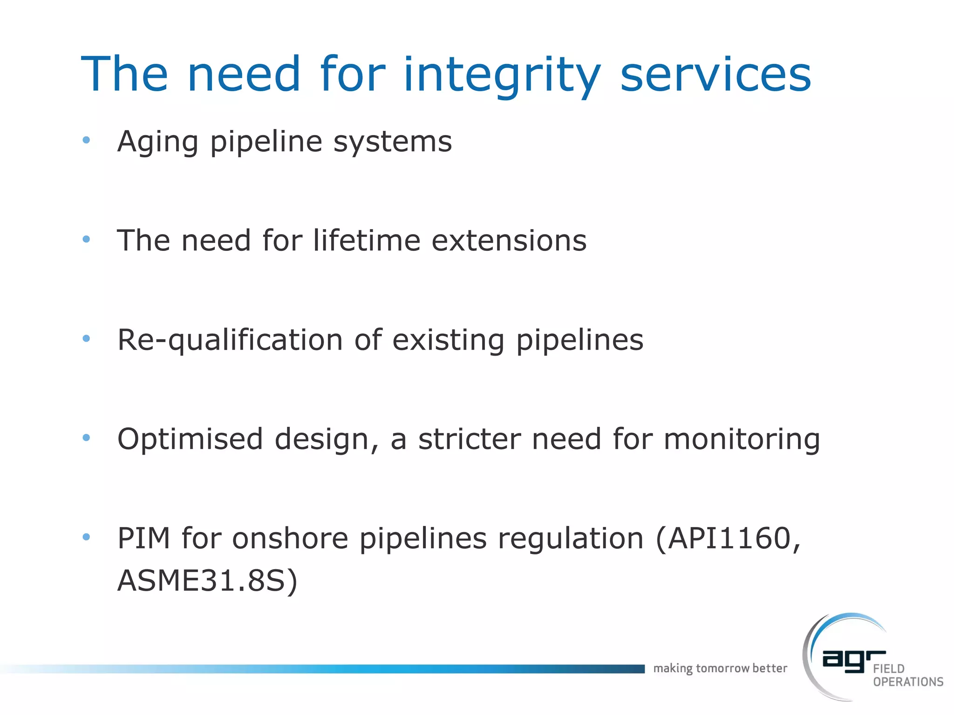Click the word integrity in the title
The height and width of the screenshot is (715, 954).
tap(502, 74)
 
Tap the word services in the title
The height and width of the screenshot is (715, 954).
tap(716, 74)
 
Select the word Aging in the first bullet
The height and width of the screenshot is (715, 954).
tap(158, 142)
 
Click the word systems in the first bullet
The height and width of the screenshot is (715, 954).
tap(392, 142)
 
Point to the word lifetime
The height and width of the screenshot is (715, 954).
tap(366, 241)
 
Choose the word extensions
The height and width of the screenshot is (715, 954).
tap(509, 241)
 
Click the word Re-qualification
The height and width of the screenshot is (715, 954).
tap(230, 340)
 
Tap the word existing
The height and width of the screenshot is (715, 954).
tap(448, 340)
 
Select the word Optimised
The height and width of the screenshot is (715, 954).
tap(190, 439)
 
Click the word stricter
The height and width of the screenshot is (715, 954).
tap(469, 439)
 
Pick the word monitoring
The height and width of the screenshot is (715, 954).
tap(742, 439)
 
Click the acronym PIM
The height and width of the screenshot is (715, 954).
tap(143, 539)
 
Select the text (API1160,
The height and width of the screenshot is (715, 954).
tap(728, 539)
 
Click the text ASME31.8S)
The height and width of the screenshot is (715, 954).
tap(207, 581)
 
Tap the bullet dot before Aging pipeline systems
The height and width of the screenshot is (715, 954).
tap(86, 140)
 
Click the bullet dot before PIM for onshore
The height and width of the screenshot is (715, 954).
tap(86, 537)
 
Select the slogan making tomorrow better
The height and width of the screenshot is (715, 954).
tap(720, 668)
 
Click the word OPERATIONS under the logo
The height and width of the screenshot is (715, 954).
tap(908, 682)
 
